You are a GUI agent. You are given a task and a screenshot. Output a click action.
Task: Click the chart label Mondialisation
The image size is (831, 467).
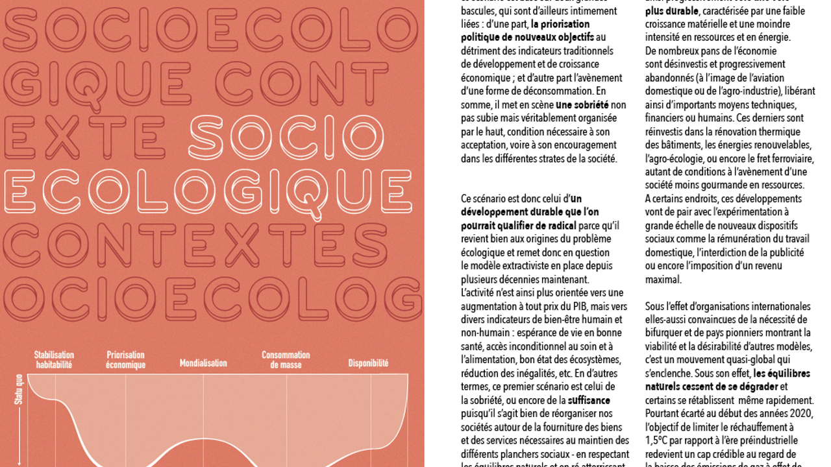tap(203, 363)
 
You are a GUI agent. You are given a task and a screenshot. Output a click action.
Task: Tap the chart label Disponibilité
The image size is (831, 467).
tap(368, 363)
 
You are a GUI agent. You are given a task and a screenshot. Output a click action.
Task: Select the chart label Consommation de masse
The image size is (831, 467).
tap(286, 360)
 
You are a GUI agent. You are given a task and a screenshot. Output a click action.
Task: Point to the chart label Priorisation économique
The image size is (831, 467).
tap(125, 360)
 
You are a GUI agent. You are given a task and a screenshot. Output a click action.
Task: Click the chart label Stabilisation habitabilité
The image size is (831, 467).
tap(54, 360)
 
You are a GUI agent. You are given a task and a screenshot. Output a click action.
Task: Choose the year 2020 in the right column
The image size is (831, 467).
tap(800, 414)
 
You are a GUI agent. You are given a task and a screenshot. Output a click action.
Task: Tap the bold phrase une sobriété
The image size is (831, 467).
tap(582, 104)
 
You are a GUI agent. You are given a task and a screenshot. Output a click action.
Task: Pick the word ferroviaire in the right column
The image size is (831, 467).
tap(793, 158)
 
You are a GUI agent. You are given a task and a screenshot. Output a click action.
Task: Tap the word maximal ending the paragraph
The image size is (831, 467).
tap(663, 280)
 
